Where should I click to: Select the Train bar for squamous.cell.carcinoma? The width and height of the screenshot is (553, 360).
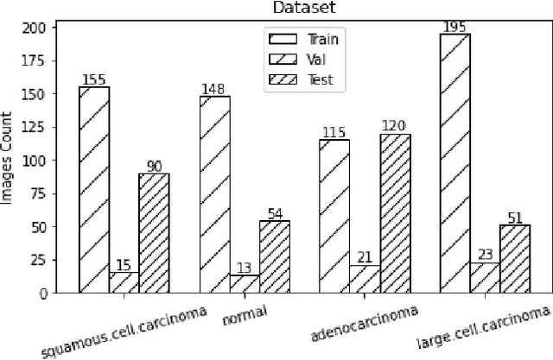[x=94, y=190]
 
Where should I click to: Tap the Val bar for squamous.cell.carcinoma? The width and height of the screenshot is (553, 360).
[x=124, y=282]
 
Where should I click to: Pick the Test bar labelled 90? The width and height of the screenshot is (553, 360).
[x=154, y=233]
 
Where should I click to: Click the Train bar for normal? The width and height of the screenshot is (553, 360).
[x=214, y=194]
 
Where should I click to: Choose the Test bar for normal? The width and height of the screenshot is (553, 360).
[x=274, y=257]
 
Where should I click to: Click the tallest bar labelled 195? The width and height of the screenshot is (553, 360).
[x=454, y=163]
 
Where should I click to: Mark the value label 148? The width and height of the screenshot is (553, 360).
[x=214, y=89]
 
